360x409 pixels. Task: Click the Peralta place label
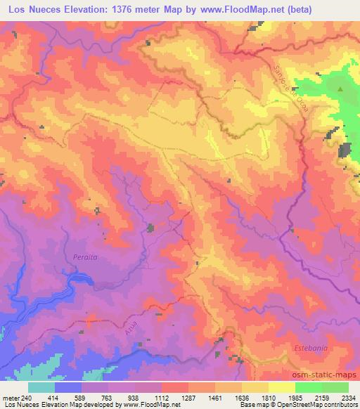tap(84, 257)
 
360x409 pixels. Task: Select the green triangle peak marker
tap(341, 89)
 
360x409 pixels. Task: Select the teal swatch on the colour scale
tap(41, 387)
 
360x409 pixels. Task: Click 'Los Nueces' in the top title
tap(32, 8)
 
